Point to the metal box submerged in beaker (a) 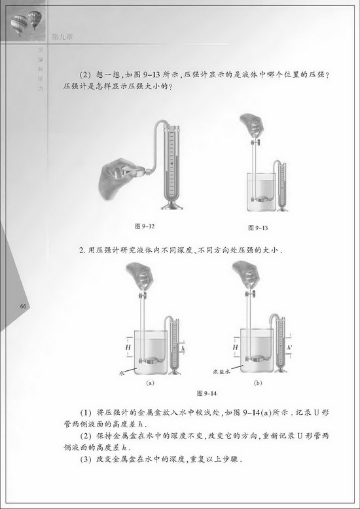[x=151, y=358]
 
